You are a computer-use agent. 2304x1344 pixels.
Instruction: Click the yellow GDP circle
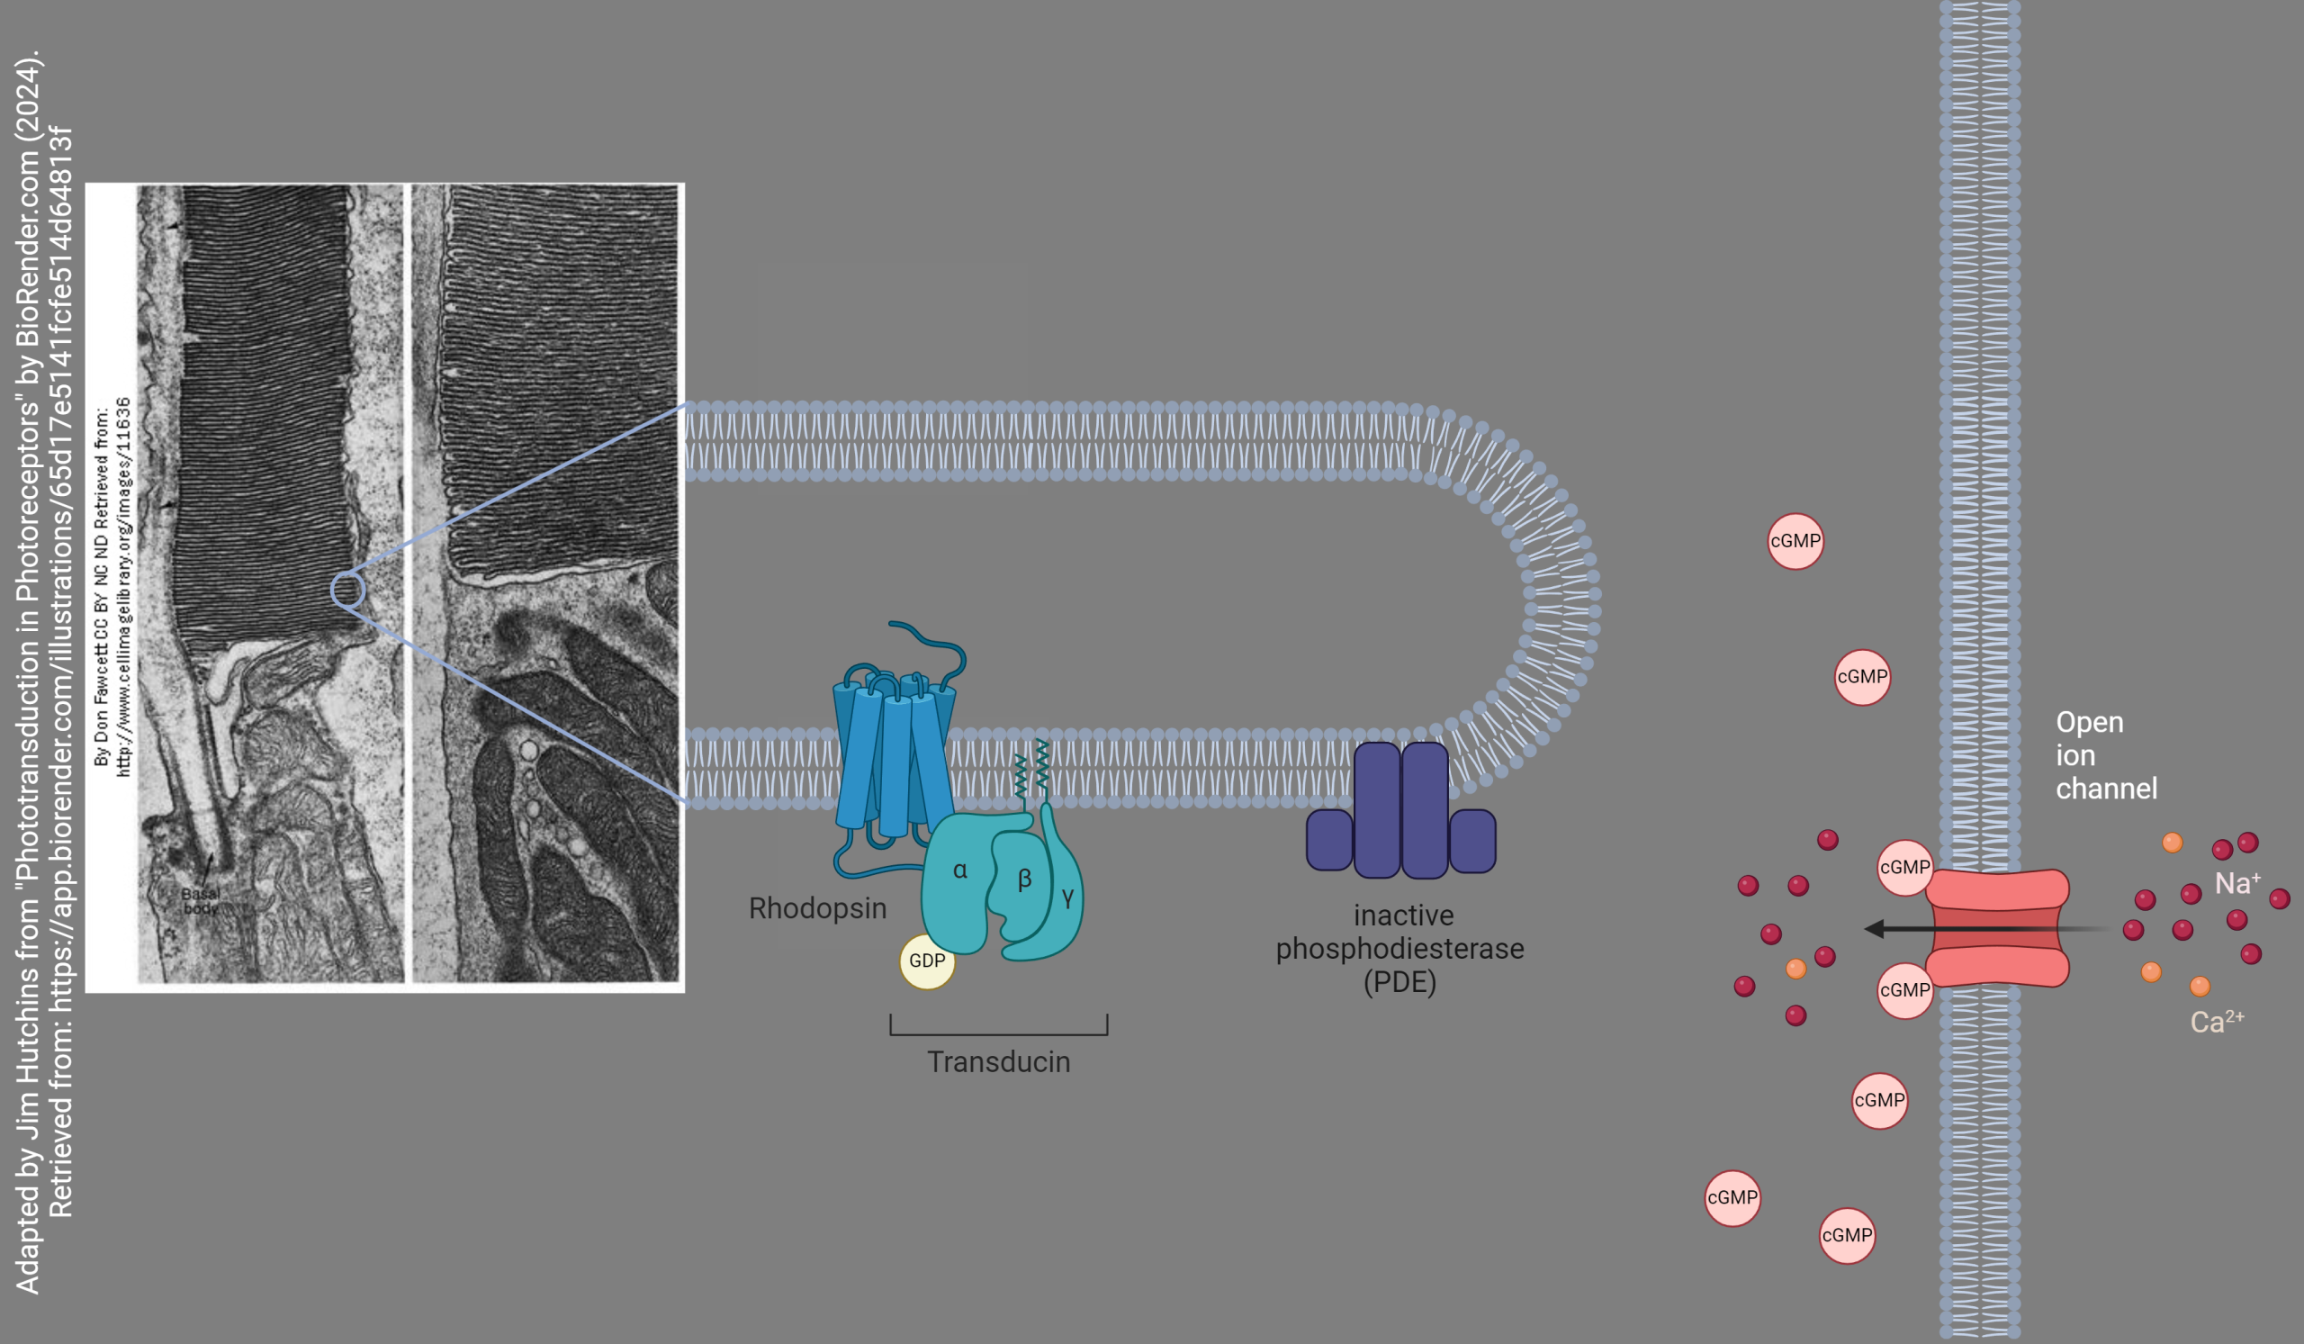tap(926, 961)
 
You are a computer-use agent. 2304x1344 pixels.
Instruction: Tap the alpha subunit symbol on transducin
tap(960, 870)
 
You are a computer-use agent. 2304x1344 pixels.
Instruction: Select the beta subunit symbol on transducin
tap(1024, 879)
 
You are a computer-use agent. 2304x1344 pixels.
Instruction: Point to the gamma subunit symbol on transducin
tap(1067, 898)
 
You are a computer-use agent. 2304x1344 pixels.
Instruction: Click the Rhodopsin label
tap(817, 908)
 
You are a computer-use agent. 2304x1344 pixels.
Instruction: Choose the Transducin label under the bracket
tap(998, 1061)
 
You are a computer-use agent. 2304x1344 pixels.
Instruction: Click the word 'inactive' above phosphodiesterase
tap(1403, 916)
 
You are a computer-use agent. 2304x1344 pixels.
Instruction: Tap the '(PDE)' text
tap(1399, 982)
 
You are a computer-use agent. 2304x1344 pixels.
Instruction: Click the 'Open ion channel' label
tap(2105, 755)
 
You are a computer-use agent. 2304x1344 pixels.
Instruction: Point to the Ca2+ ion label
tap(2216, 1021)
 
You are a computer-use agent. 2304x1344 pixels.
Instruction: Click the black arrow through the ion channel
tap(1966, 929)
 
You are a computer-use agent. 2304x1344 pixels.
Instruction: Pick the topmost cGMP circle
tap(1795, 541)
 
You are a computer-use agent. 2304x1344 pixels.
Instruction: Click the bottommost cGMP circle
tap(1846, 1235)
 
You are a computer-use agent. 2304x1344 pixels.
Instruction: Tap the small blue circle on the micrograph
tap(347, 591)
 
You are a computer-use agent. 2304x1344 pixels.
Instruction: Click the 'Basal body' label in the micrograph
tap(200, 900)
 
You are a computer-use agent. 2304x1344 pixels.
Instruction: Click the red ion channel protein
tap(1997, 928)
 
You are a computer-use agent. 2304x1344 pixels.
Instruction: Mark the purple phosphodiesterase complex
tap(1400, 812)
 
